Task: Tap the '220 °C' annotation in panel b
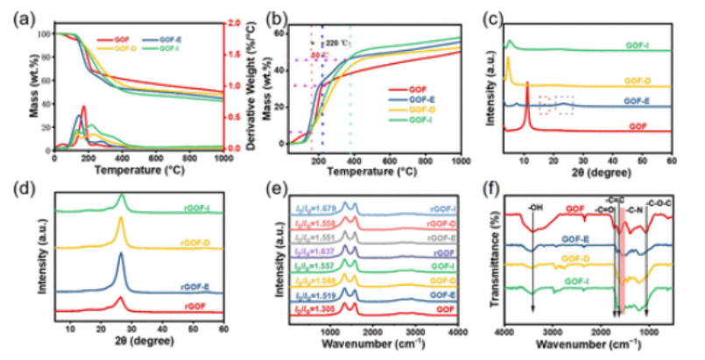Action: [x=337, y=41]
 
